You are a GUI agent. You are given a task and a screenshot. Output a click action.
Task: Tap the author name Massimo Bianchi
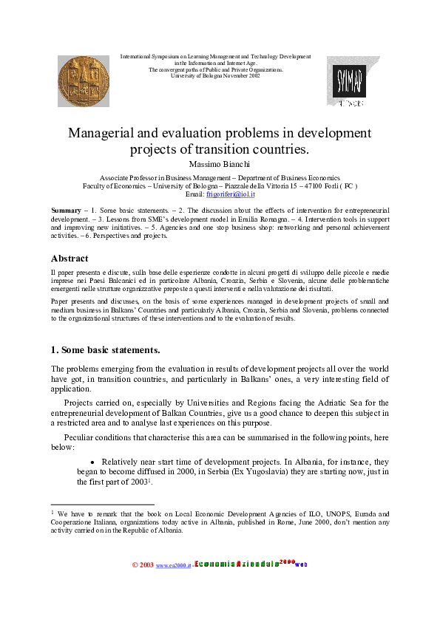coord(220,163)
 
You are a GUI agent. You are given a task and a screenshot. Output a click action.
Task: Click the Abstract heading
coord(70,259)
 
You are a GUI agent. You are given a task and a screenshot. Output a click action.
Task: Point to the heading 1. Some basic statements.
coord(105,349)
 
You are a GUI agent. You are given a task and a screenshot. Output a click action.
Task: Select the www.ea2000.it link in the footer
coord(173,565)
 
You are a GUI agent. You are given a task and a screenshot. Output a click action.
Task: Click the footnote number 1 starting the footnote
coord(53,511)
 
